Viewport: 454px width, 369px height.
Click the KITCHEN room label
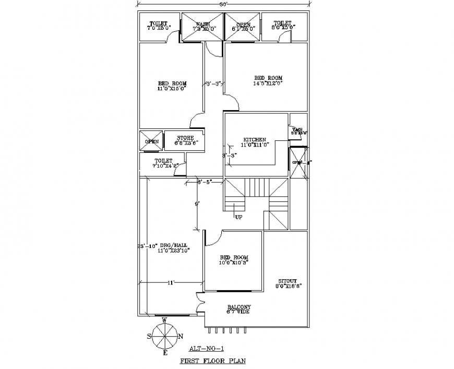[x=254, y=139]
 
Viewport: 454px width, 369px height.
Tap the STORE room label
[x=185, y=138]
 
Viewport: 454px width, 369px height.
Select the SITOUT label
[x=289, y=281]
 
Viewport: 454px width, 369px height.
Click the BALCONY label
[x=239, y=307]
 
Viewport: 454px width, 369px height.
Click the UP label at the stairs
[x=238, y=217]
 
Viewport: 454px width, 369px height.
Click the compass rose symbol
[x=164, y=336]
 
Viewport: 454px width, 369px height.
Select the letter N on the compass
[x=181, y=336]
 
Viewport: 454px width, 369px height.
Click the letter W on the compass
[x=164, y=320]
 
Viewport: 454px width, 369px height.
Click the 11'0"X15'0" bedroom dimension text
[x=172, y=89]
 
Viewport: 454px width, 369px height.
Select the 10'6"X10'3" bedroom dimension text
[x=233, y=263]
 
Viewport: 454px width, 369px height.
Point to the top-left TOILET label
[x=158, y=23]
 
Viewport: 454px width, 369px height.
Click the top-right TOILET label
[x=282, y=23]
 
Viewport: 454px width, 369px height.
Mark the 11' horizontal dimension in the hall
[x=170, y=282]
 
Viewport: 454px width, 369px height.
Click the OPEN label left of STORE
[x=152, y=141]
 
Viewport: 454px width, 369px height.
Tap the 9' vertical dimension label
[x=197, y=204]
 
